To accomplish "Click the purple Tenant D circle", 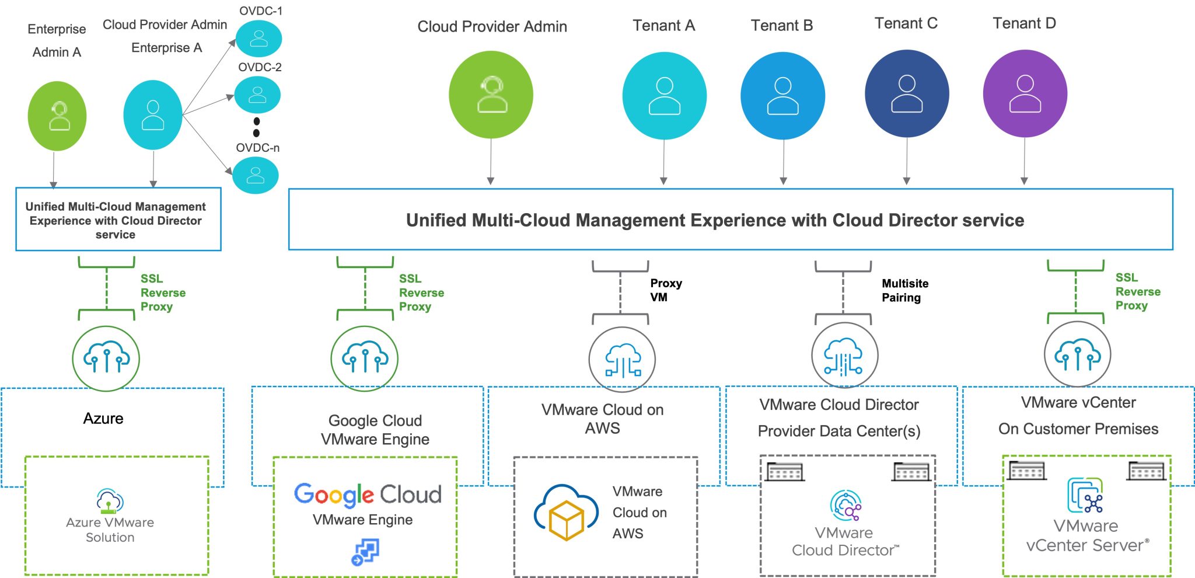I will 1025,93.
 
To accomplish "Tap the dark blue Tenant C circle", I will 906,93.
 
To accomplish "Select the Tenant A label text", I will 663,25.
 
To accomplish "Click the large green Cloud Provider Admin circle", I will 491,95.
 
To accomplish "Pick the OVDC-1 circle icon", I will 258,39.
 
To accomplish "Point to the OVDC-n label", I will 257,148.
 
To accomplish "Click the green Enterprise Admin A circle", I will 57,116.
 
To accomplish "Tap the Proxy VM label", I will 665,290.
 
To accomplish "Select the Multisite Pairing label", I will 904,290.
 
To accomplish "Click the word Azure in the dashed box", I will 103,418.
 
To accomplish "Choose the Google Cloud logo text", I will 367,495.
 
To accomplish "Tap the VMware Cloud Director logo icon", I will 845,506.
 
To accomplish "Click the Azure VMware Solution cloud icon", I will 110,500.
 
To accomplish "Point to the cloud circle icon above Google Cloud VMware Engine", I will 365,358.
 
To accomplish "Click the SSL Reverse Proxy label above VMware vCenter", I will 1137,291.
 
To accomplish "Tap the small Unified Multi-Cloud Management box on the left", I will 118,220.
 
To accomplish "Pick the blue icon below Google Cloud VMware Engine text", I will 365,552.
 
